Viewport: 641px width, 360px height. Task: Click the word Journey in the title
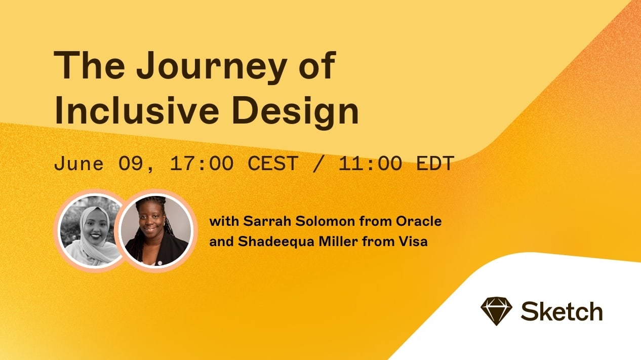[x=212, y=68]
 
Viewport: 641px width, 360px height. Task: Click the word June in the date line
[x=78, y=164]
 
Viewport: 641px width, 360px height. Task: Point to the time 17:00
[x=202, y=164]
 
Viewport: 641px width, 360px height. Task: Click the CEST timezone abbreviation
[x=273, y=164]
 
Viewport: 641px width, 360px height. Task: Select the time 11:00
[x=370, y=164]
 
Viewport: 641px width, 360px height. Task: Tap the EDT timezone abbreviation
[x=435, y=164]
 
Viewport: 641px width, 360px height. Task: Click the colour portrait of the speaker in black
[x=156, y=231]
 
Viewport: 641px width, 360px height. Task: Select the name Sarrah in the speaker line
[x=267, y=221]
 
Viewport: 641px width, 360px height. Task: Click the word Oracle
[x=419, y=221]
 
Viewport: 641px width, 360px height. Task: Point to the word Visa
[x=413, y=241]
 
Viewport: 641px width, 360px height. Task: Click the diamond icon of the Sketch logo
[x=497, y=311]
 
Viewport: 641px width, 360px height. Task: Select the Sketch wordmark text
[x=562, y=311]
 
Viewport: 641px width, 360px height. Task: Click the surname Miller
[x=338, y=241]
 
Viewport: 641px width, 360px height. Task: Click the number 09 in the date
[x=130, y=164]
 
